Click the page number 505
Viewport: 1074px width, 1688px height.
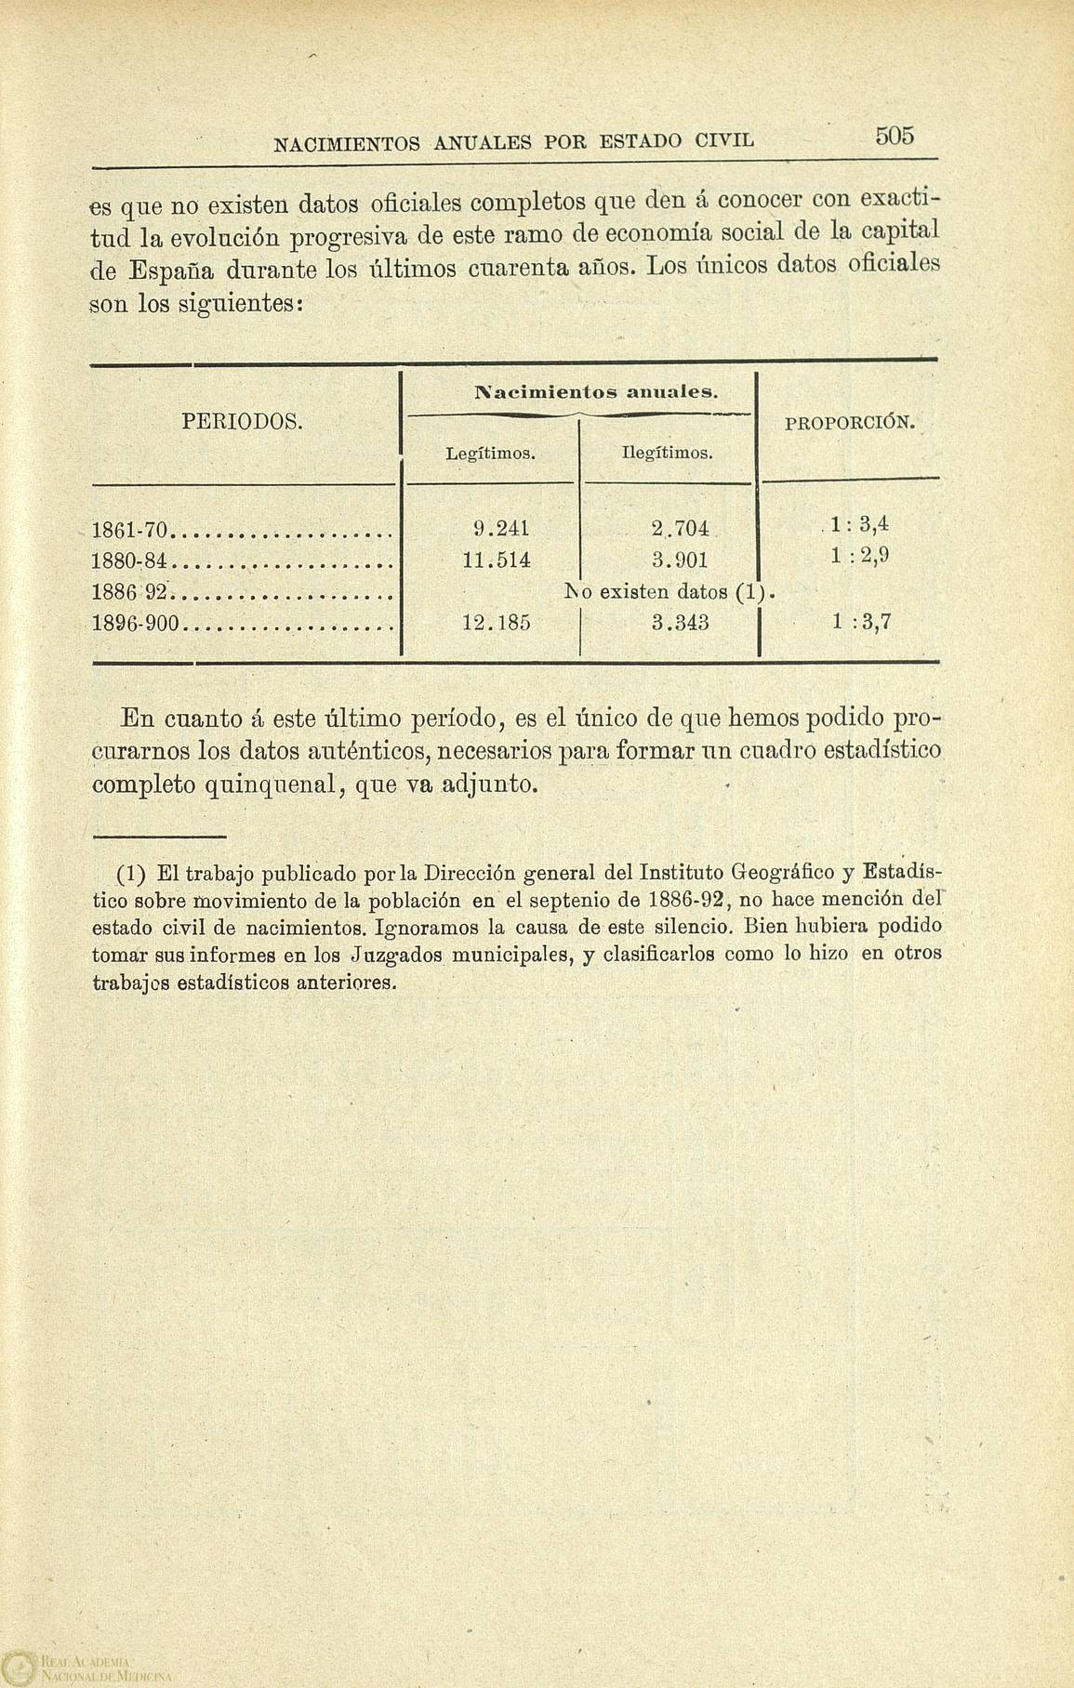895,137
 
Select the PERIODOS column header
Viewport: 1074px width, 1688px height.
244,421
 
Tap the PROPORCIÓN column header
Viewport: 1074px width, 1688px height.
850,423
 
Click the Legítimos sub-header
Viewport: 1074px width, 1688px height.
489,455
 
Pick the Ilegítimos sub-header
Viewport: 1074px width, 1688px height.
667,455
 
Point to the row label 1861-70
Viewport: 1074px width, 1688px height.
129,531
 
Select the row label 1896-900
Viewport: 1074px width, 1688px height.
138,624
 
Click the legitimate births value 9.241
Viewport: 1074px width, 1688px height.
501,529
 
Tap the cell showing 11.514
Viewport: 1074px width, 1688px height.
496,560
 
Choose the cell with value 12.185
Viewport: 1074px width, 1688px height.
496,623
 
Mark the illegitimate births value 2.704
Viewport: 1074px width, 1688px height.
681,529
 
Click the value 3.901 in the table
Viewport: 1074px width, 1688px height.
681,560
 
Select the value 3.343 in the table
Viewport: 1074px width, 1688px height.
681,623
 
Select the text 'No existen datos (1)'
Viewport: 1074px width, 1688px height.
669,591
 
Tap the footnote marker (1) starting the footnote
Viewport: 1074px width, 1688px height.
131,875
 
